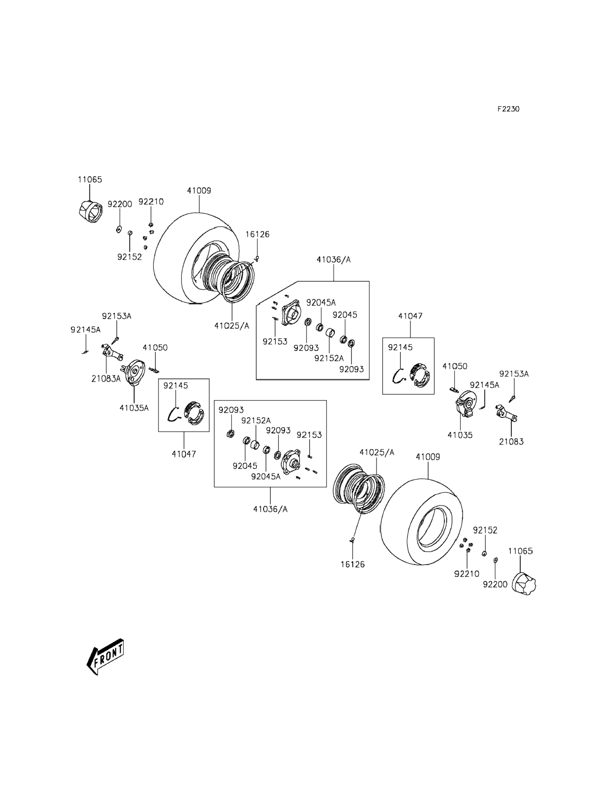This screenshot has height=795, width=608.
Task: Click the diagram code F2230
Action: tap(508, 109)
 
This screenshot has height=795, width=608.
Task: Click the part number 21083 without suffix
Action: tap(511, 442)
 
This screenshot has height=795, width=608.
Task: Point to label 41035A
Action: tap(134, 408)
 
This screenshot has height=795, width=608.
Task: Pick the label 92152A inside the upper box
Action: tap(329, 358)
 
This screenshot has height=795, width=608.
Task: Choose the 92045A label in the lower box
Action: tap(266, 477)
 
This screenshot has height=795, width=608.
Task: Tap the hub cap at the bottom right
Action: tap(524, 583)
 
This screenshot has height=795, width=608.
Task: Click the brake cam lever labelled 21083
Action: tap(506, 414)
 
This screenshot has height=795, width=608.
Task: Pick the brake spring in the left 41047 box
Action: tap(174, 414)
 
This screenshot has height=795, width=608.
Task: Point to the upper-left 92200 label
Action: tap(120, 204)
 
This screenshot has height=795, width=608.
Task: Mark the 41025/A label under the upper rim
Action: tap(232, 326)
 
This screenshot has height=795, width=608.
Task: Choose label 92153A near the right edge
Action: tap(514, 374)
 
